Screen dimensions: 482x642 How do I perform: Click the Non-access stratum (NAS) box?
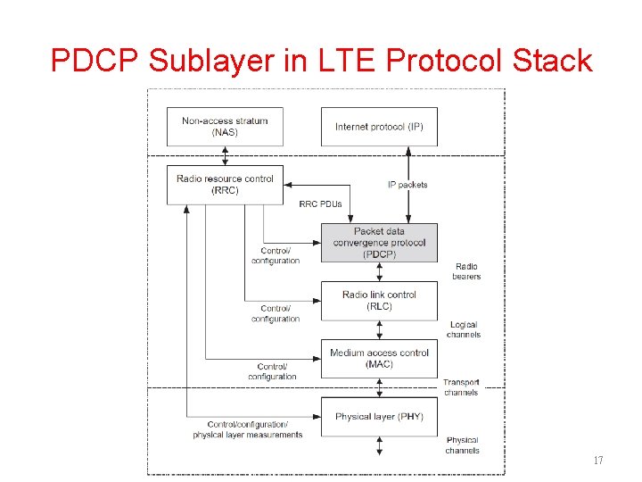pos(225,127)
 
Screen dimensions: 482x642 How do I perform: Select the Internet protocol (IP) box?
pos(379,127)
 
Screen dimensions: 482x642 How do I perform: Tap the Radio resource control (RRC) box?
pos(225,185)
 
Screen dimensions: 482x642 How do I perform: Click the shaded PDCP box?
pos(379,243)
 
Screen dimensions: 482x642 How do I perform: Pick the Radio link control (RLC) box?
pos(379,301)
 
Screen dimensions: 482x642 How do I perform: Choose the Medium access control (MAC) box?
pos(379,358)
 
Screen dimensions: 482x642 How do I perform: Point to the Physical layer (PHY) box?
pos(379,417)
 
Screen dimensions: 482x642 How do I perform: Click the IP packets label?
pos(407,185)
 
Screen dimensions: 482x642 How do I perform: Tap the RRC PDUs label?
pos(320,204)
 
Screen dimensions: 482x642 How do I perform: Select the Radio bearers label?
pos(466,271)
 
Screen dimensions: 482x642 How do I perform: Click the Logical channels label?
pos(464,329)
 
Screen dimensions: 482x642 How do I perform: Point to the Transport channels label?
pos(461,387)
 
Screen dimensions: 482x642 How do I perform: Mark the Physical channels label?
pos(463,445)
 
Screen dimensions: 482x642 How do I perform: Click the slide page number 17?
pos(598,461)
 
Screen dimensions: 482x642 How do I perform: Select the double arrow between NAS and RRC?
pos(225,156)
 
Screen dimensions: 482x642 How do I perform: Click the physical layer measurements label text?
pos(247,435)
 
